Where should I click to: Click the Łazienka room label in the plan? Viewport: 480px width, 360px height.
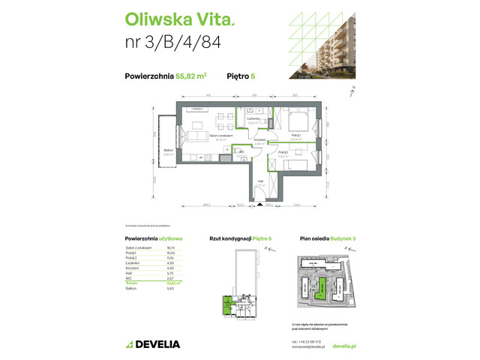253,118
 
